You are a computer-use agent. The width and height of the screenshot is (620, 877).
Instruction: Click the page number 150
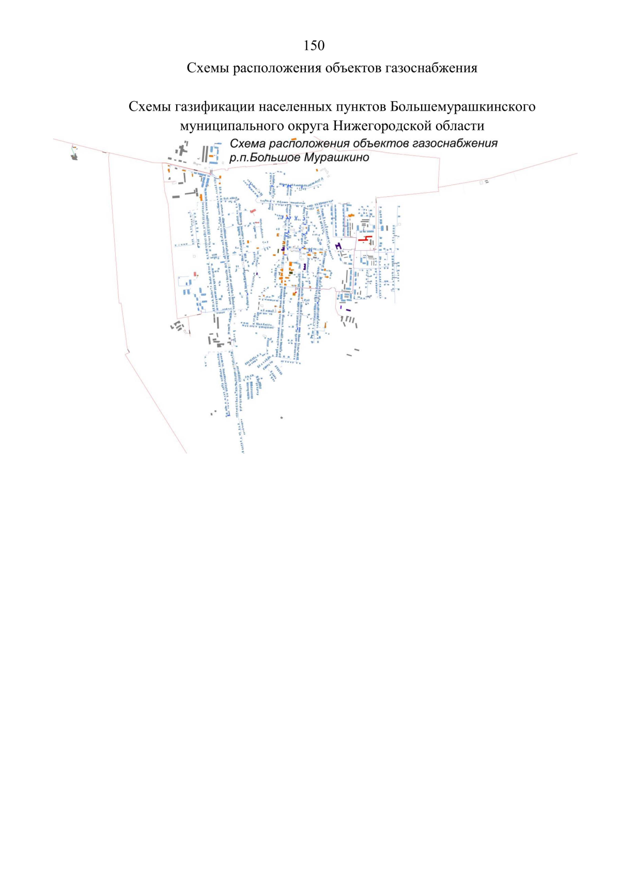314,46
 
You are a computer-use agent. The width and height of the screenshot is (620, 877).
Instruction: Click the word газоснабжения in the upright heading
431,68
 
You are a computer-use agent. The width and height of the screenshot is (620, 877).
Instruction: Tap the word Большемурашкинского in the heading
462,106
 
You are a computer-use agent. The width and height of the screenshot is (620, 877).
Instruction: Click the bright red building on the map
365,238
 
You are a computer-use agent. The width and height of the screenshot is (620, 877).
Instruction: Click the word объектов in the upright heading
353,68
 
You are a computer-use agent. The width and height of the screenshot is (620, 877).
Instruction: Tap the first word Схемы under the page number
208,68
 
